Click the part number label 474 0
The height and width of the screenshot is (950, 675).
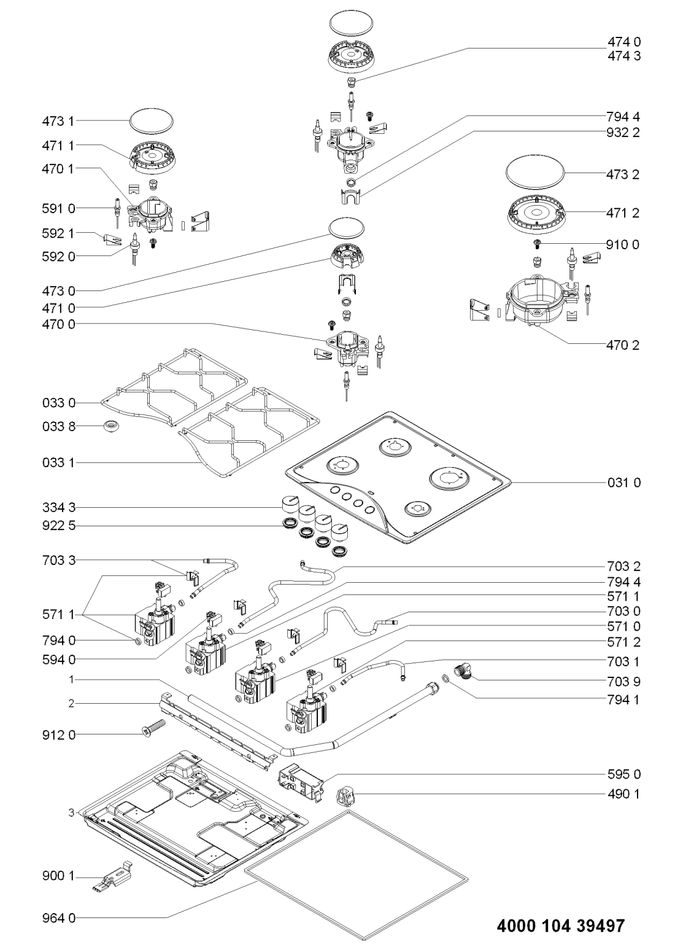click(623, 42)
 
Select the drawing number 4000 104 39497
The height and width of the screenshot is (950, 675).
click(561, 925)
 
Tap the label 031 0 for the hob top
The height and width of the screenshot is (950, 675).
click(623, 483)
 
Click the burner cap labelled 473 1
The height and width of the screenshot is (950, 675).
click(152, 121)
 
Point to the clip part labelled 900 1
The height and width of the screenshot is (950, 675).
click(113, 873)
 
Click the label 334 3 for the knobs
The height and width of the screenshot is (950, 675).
click(59, 507)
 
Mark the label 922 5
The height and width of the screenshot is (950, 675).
click(59, 526)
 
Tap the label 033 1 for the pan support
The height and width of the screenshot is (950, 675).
click(59, 462)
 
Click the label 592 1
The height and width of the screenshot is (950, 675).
click(59, 233)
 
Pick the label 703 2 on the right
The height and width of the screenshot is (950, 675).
click(623, 566)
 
